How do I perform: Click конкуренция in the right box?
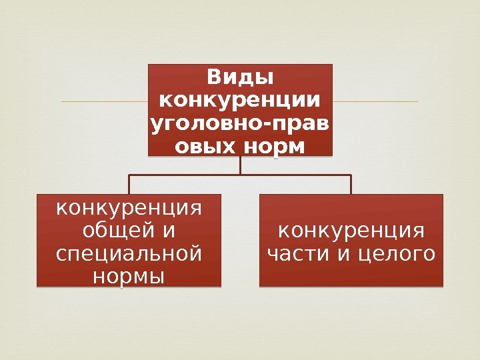351,231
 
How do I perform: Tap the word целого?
394,254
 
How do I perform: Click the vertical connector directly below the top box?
240,165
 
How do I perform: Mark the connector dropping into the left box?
129,185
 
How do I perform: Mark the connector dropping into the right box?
351,185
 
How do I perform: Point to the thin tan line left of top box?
103,101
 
